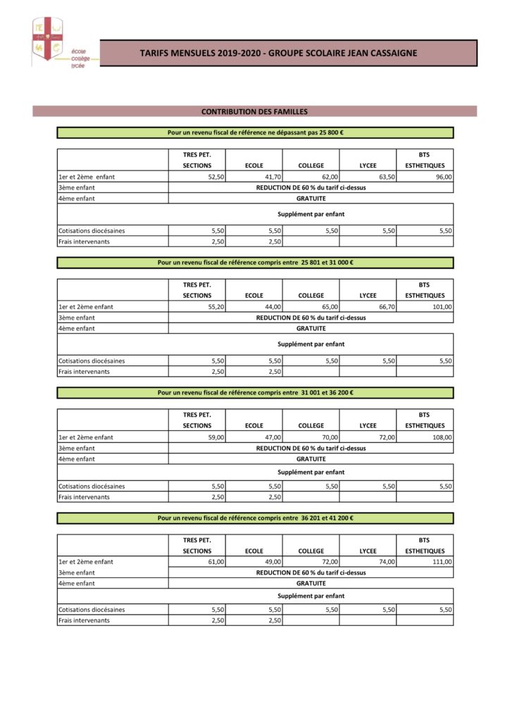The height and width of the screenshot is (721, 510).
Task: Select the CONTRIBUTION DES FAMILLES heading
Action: tap(254, 111)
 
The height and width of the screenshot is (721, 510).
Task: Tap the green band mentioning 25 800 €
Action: tap(255, 132)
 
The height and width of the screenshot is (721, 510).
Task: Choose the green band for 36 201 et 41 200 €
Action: tap(255, 518)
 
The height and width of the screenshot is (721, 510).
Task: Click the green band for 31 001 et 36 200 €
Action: tap(255, 393)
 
